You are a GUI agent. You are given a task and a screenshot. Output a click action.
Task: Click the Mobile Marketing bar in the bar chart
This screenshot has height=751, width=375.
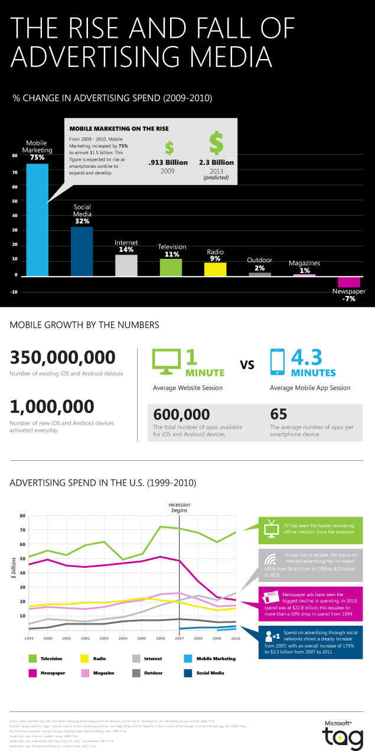[x=37, y=219]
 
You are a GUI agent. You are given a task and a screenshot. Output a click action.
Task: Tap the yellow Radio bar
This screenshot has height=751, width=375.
[x=215, y=269]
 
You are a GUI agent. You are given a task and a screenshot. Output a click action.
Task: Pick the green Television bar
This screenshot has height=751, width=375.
[x=171, y=267]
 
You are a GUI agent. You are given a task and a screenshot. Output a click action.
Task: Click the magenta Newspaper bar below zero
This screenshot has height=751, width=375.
[x=348, y=282]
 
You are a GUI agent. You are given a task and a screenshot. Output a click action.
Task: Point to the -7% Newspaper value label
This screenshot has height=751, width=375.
[x=348, y=300]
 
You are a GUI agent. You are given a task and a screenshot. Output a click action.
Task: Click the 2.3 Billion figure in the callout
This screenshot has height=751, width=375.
[x=216, y=162]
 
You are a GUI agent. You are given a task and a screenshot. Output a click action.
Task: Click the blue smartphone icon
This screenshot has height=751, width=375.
[x=276, y=361]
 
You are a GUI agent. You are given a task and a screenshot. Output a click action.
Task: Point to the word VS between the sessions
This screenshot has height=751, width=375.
[x=246, y=365]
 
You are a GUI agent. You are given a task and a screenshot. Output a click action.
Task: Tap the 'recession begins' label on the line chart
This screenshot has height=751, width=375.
[x=179, y=507]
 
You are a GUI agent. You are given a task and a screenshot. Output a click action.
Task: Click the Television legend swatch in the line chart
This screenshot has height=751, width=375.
[x=32, y=658]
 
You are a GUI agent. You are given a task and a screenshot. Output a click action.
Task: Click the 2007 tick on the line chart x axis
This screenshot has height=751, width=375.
[x=179, y=639]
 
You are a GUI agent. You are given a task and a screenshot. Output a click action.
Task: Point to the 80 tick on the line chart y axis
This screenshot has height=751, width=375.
[x=22, y=516]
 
